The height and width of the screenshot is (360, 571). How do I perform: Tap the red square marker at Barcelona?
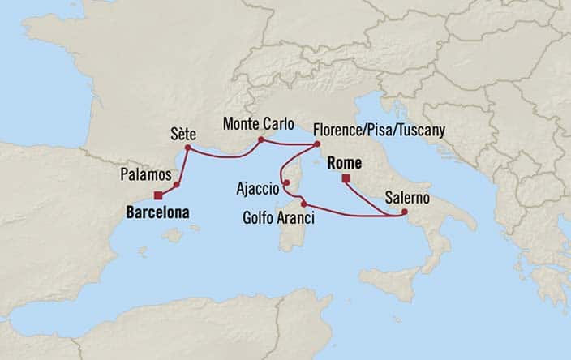pyautogui.click(x=157, y=195)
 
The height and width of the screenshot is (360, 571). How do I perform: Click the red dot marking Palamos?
pyautogui.click(x=176, y=184)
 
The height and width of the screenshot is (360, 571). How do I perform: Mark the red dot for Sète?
pyautogui.click(x=187, y=148)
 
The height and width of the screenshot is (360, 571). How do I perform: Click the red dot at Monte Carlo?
pyautogui.click(x=260, y=139)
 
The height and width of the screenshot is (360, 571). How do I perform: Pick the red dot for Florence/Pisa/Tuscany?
pyautogui.click(x=316, y=145)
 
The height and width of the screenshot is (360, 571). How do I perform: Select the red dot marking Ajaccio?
pyautogui.click(x=286, y=182)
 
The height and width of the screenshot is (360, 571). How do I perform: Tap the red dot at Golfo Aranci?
pyautogui.click(x=303, y=203)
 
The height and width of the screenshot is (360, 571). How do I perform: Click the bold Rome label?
pyautogui.click(x=343, y=163)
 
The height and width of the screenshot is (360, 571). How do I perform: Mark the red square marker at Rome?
pyautogui.click(x=346, y=178)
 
